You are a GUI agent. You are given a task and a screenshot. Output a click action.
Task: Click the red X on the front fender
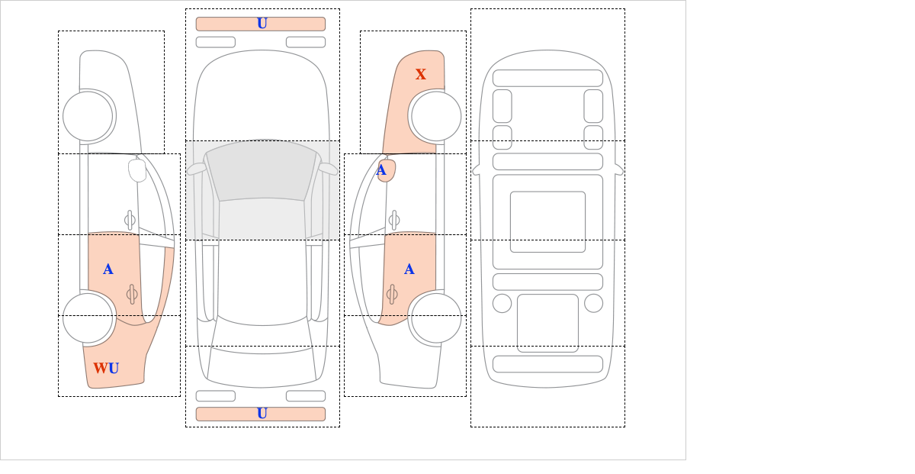tap(420, 74)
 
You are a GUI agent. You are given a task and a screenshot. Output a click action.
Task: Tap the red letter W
tap(101, 368)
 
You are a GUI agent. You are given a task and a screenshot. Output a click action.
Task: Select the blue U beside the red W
tap(114, 368)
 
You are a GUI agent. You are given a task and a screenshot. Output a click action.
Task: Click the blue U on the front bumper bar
tap(262, 24)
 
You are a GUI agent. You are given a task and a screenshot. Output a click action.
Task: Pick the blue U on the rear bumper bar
tap(262, 414)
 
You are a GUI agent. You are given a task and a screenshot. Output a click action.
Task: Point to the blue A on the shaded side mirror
tap(381, 170)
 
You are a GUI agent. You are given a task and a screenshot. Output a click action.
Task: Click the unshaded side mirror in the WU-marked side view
tap(137, 170)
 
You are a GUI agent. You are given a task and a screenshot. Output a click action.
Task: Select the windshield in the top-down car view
tap(262, 171)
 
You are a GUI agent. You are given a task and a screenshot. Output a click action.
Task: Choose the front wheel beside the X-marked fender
tap(436, 116)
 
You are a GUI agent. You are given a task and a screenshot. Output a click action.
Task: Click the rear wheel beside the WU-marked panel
tap(88, 318)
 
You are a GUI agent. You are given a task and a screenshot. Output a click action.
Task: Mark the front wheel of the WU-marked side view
tap(88, 116)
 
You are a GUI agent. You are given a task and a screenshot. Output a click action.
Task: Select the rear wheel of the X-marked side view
tap(436, 318)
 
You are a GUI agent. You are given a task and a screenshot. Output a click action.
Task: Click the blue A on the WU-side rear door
tap(108, 269)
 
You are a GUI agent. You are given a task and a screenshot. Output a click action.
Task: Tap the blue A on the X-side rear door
tap(409, 269)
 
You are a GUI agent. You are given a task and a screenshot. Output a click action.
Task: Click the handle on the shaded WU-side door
tap(132, 294)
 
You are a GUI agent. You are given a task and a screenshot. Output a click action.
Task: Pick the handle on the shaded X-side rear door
tap(392, 294)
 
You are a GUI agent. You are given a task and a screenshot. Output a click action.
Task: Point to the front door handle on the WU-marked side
tap(130, 221)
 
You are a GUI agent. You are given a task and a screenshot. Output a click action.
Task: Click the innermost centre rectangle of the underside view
tap(547, 221)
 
